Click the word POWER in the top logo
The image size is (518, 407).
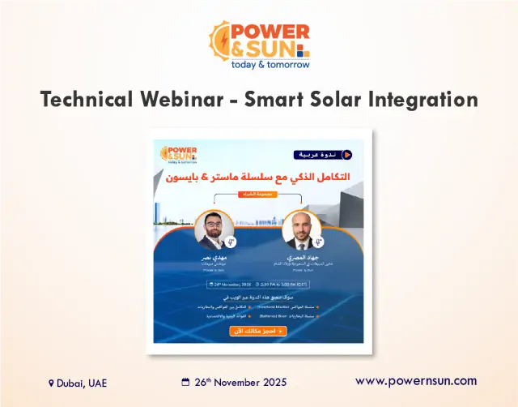pyautogui.click(x=270, y=32)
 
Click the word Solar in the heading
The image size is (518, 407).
pyautogui.click(x=346, y=101)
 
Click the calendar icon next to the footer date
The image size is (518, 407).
pyautogui.click(x=185, y=382)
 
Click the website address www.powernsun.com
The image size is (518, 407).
pyautogui.click(x=416, y=380)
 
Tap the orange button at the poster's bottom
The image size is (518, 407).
pyautogui.click(x=257, y=331)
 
